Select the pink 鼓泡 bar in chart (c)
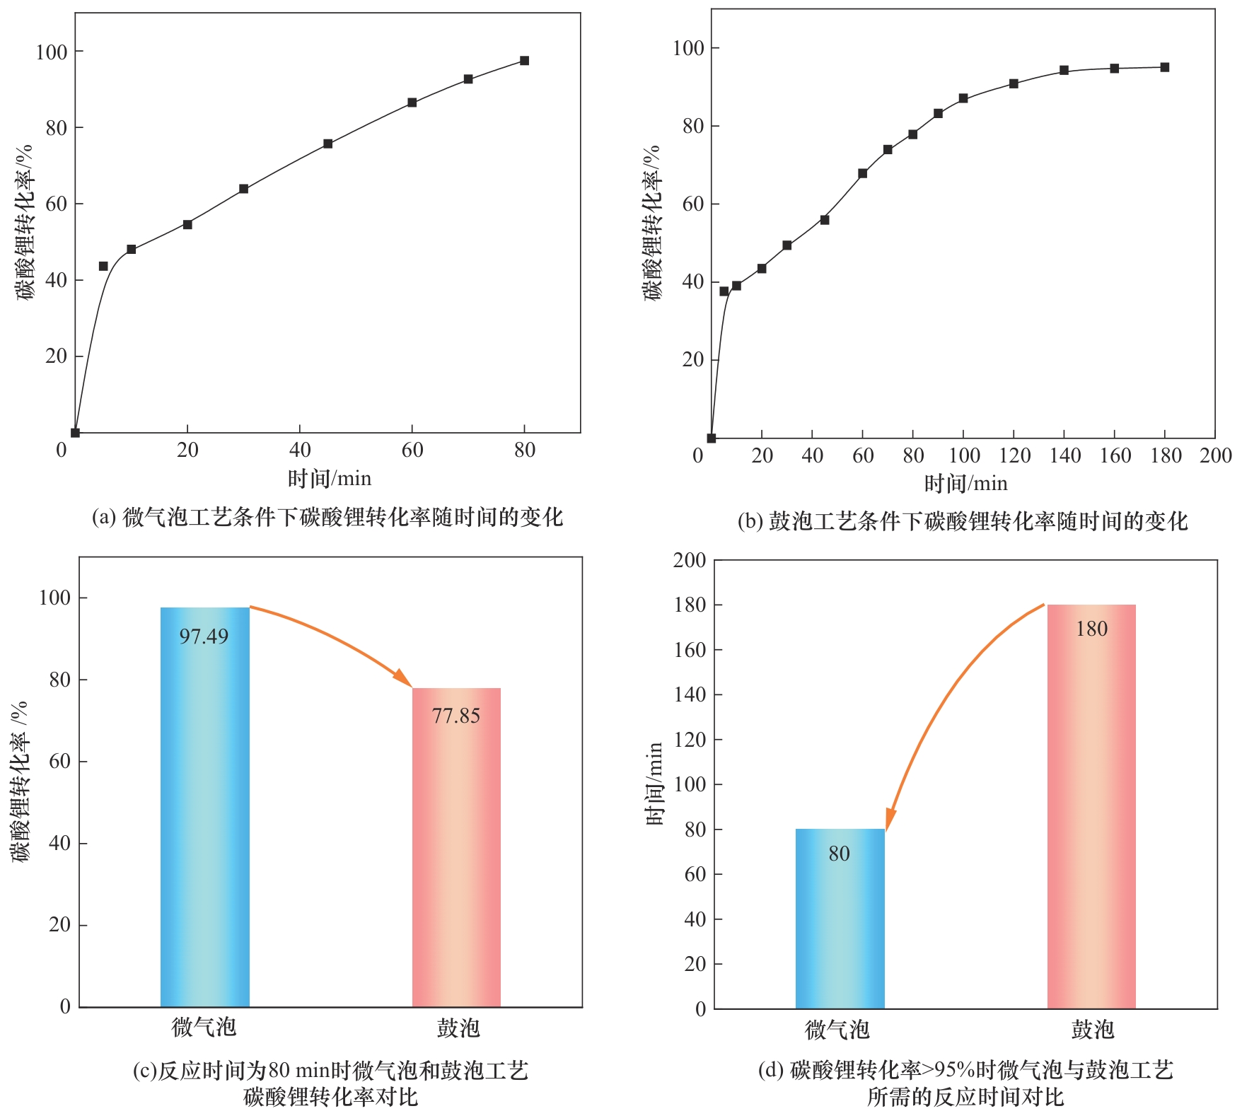point(456,849)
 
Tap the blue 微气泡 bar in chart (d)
point(840,919)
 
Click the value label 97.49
point(204,636)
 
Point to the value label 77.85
point(456,716)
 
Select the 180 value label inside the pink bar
point(1091,629)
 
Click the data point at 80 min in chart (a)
point(524,61)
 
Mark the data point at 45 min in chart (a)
point(327,144)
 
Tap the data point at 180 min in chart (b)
point(1165,67)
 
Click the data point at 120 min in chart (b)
point(1014,83)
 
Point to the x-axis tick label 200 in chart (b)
point(1216,455)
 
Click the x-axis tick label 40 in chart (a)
point(300,450)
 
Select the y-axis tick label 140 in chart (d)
point(690,694)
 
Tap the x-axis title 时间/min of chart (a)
point(329,479)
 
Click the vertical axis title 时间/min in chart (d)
point(654,784)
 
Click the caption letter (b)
point(750,521)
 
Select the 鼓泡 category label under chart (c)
point(458,1028)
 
